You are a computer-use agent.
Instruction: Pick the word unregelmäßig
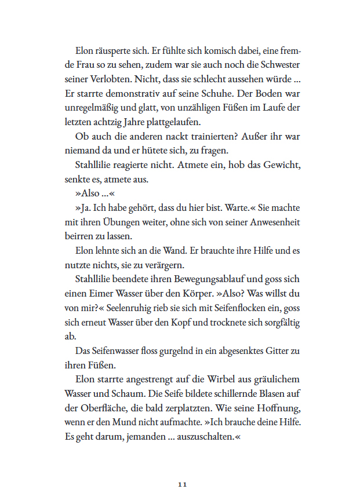tap(92, 108)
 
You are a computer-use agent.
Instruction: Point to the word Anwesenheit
tap(268, 222)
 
